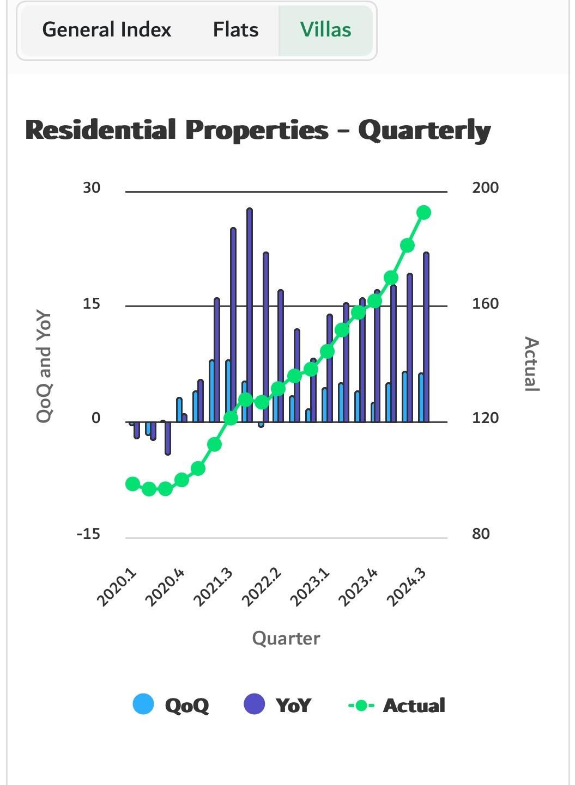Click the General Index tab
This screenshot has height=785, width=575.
pyautogui.click(x=107, y=30)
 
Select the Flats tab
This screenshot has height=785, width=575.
pyautogui.click(x=235, y=30)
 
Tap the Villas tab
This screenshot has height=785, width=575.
pyautogui.click(x=325, y=30)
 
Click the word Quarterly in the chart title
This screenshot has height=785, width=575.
pyautogui.click(x=424, y=131)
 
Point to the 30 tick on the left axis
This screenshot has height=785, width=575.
pyautogui.click(x=92, y=188)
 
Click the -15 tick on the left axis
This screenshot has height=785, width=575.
pyautogui.click(x=88, y=534)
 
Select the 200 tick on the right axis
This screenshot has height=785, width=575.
pyautogui.click(x=485, y=188)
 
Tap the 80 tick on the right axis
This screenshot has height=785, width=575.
pyautogui.click(x=481, y=534)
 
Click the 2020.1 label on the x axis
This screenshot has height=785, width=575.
pyautogui.click(x=117, y=588)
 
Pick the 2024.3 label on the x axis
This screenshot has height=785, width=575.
pyautogui.click(x=406, y=588)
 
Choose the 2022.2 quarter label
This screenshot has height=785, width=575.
pyautogui.click(x=262, y=588)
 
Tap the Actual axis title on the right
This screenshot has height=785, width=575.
pyautogui.click(x=531, y=364)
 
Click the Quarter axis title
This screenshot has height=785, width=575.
pyautogui.click(x=286, y=638)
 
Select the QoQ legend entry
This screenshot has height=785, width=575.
pyautogui.click(x=171, y=705)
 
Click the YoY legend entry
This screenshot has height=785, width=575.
pyautogui.click(x=278, y=705)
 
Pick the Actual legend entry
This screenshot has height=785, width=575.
pyautogui.click(x=397, y=705)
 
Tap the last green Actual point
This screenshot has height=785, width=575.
pyautogui.click(x=424, y=212)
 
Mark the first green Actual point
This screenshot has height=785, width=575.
pyautogui.click(x=132, y=484)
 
